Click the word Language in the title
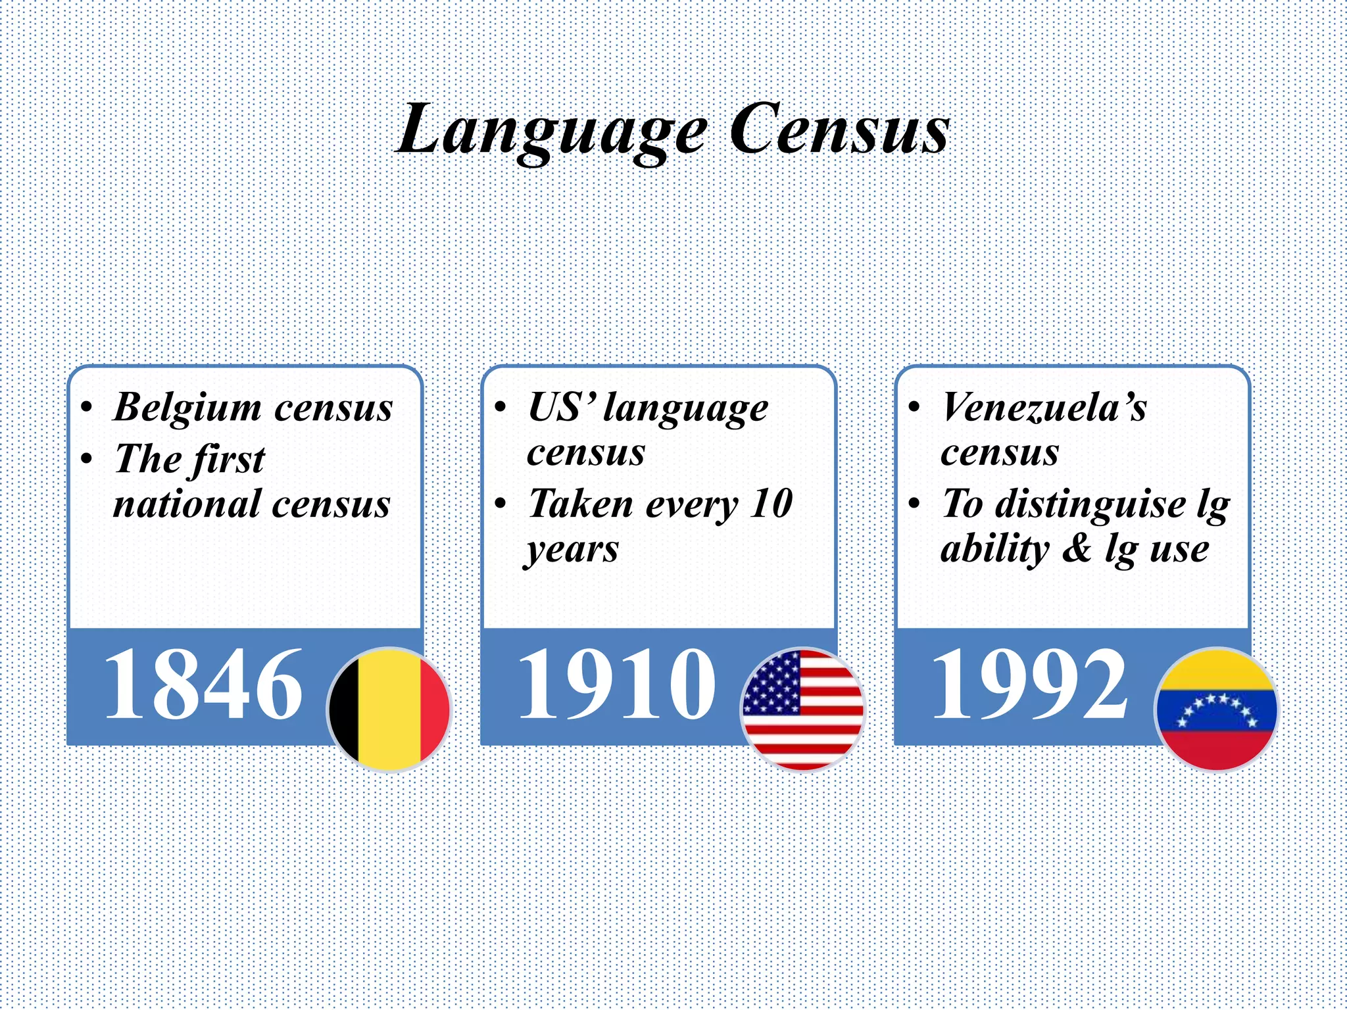click(552, 130)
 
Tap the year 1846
click(203, 684)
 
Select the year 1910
click(616, 684)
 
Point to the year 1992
click(1030, 684)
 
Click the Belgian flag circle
click(389, 709)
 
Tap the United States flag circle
click(802, 709)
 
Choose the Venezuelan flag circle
click(1216, 709)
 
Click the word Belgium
click(187, 408)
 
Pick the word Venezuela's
click(1044, 408)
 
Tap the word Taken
click(581, 504)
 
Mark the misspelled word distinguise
click(1090, 505)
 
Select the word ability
click(994, 550)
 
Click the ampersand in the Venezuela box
click(1077, 550)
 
